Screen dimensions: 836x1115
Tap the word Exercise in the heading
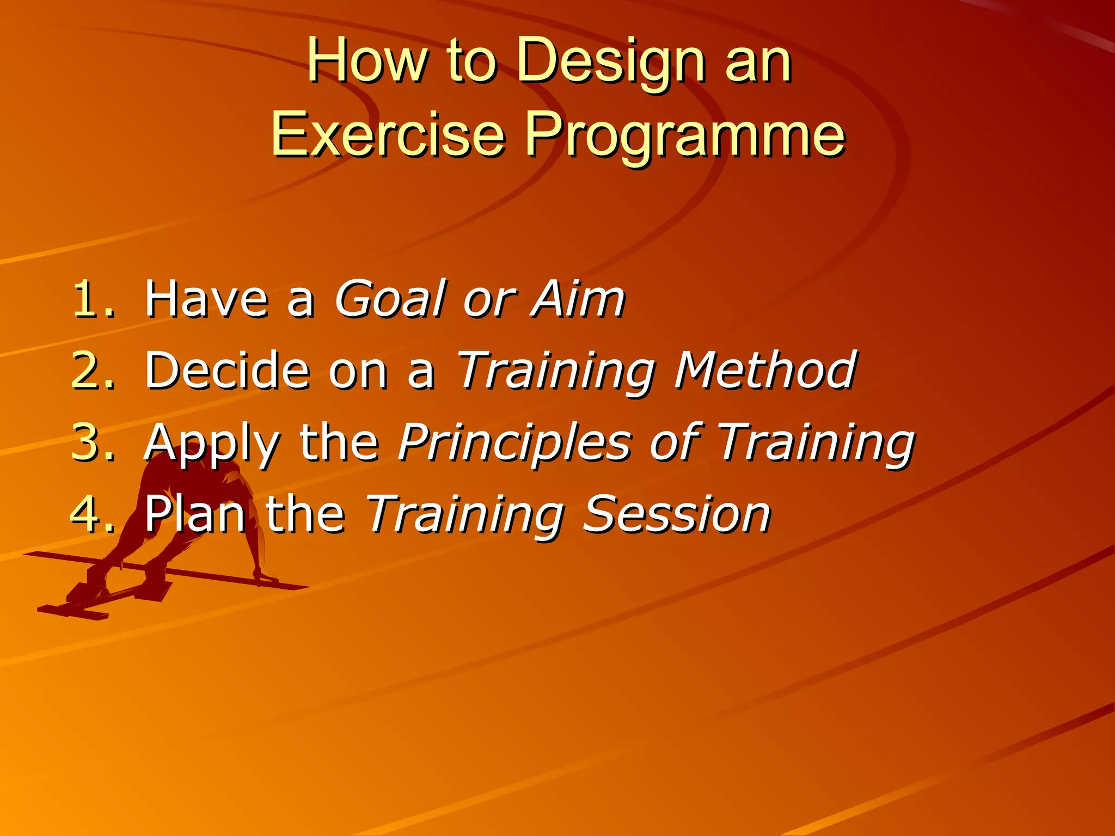tap(388, 134)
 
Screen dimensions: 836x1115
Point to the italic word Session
tap(676, 514)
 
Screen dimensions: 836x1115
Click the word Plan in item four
tap(195, 514)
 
